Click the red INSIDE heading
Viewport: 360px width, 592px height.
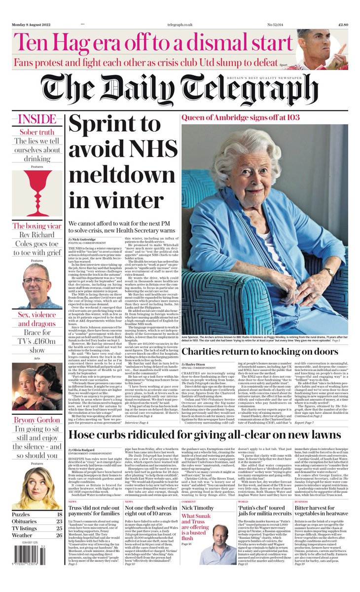pos(37,119)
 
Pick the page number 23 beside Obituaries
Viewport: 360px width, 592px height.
pos(59,520)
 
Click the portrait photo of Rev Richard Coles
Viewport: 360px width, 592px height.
pos(36,285)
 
